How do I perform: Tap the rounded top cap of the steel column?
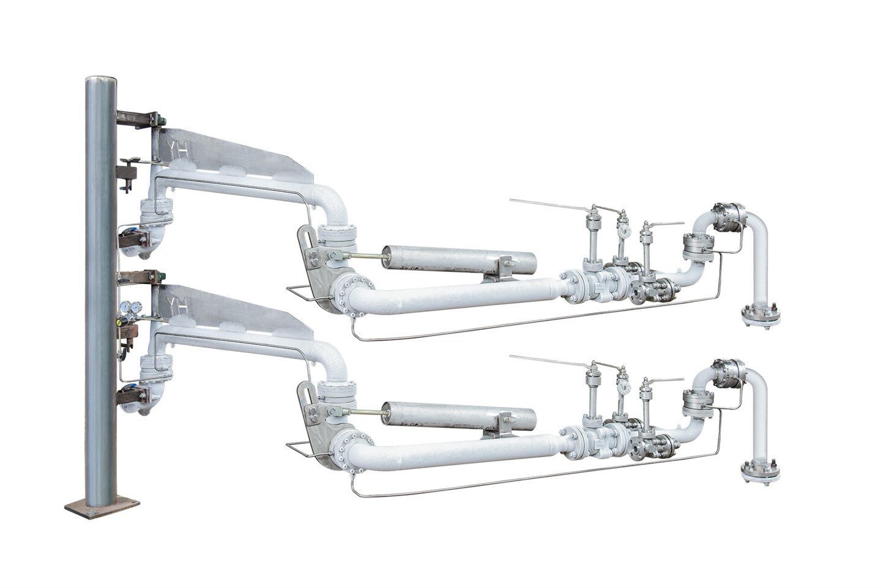[x=102, y=80]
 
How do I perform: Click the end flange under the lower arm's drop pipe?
[x=760, y=471]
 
